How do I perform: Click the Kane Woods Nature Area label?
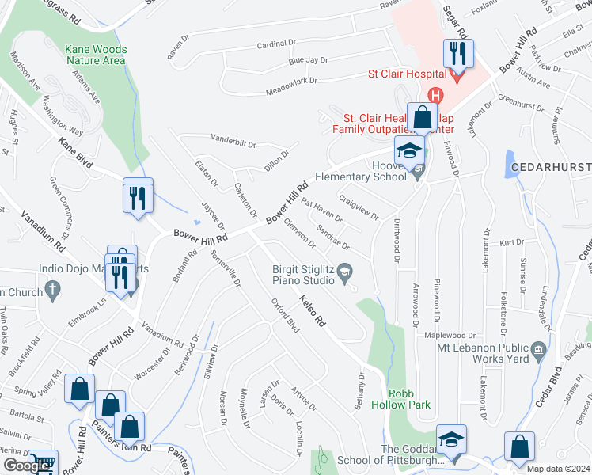(x=96, y=54)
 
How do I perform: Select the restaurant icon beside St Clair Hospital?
(x=457, y=55)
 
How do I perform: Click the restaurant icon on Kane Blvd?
(x=138, y=196)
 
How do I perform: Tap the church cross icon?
(x=53, y=291)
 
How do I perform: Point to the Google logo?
(x=27, y=465)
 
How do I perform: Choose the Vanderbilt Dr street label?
(x=233, y=142)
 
